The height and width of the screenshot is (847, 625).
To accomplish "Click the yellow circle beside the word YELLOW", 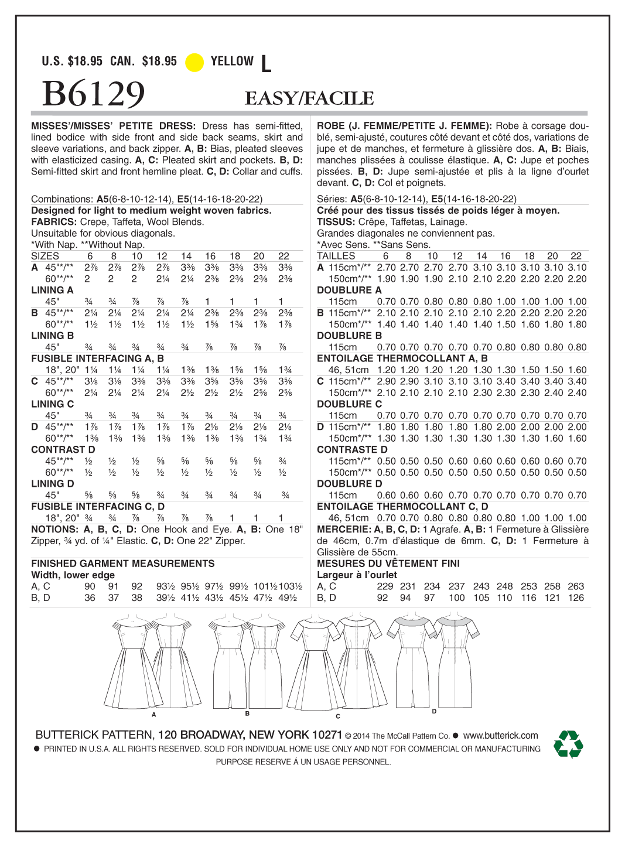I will coord(194,62).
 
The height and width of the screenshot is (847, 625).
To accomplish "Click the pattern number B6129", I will coord(93,94).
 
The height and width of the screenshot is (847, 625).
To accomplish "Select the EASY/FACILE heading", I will coord(309,98).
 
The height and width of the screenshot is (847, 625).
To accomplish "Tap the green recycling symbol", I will coord(568,744).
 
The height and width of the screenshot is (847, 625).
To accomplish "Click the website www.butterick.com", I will coord(500,735).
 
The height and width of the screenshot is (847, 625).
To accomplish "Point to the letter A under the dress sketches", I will coord(153,715).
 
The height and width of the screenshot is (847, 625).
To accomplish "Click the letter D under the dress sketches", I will coord(434,711).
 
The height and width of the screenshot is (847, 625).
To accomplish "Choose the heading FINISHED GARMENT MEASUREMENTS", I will coord(123,563).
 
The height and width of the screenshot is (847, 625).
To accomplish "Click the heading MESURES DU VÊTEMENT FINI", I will coord(388,563).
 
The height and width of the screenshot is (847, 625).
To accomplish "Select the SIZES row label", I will coord(45,256).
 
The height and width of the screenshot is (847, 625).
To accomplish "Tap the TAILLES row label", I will coord(336,256).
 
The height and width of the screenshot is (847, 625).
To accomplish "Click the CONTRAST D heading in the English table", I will coord(63,450).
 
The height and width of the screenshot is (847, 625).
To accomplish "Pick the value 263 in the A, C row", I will coord(576,586).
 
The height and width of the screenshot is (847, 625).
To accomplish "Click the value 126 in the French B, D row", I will coord(576,598).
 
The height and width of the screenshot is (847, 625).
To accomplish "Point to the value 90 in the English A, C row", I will coord(90,586).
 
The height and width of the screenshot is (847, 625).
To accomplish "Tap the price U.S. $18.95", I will coord(72,62).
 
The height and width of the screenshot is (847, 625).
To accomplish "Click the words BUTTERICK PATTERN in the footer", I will coord(94,735).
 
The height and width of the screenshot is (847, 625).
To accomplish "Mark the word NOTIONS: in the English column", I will coord(54,530).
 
